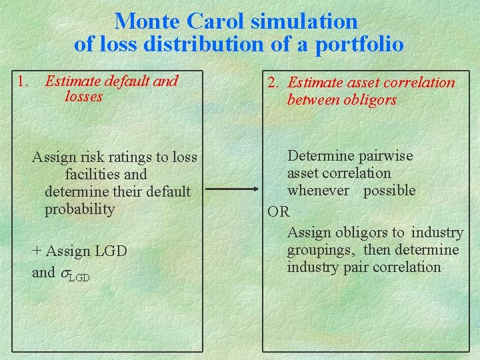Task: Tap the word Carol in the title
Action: (x=215, y=21)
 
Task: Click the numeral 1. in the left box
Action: (x=23, y=82)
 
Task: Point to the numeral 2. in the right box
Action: (x=273, y=83)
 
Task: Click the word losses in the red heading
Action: (x=84, y=97)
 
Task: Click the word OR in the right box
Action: (x=279, y=212)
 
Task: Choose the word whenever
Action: (x=318, y=191)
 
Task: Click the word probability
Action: (x=79, y=209)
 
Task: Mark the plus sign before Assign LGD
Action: (x=37, y=251)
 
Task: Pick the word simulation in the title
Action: (x=304, y=21)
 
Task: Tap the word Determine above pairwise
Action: (x=316, y=156)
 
